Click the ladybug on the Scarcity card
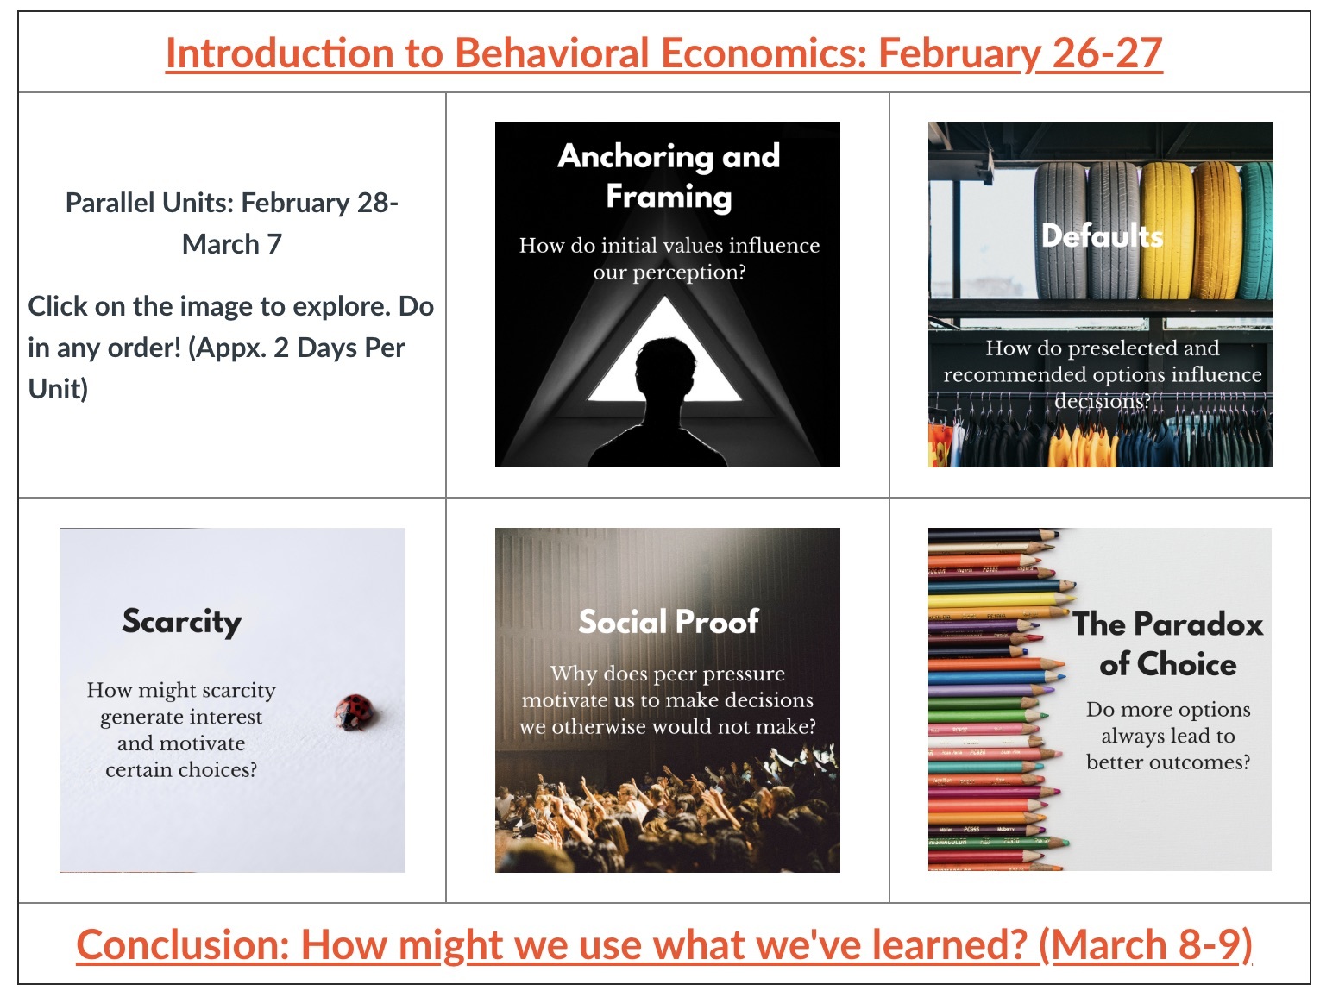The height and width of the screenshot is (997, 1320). (354, 712)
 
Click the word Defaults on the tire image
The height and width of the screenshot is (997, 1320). (1102, 235)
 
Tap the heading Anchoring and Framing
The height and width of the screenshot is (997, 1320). (669, 175)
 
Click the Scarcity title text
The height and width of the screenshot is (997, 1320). (182, 621)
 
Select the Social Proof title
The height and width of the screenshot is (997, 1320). (668, 621)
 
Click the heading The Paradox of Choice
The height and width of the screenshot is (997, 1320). (1168, 643)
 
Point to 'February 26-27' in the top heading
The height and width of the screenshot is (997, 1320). (1021, 53)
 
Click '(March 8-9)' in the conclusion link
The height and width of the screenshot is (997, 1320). (1145, 944)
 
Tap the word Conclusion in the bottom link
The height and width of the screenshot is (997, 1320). (184, 944)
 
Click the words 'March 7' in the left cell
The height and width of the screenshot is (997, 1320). (231, 244)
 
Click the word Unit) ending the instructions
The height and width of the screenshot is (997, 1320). (58, 389)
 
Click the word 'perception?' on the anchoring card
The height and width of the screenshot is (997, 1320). (669, 273)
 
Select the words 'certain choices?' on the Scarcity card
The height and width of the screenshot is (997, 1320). (181, 770)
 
